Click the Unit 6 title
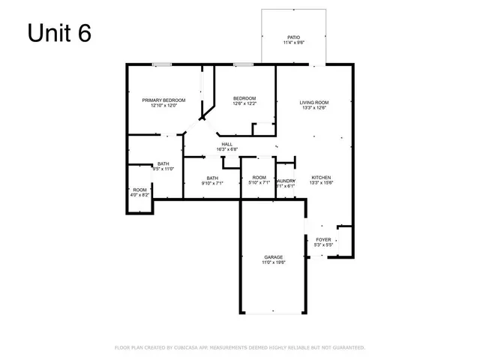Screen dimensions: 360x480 59,34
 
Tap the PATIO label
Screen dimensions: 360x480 294,37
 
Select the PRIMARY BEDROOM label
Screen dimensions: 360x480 163,100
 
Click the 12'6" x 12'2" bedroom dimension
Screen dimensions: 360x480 244,104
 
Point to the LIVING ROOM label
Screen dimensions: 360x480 314,102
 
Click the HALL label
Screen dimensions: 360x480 226,143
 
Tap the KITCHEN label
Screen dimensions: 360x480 321,177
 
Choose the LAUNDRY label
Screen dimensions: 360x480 286,181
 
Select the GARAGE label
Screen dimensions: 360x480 273,257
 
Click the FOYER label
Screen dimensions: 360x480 322,240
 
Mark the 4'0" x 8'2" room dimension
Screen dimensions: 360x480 140,195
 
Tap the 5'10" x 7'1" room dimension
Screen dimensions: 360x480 259,183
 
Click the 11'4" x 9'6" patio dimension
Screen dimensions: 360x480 294,43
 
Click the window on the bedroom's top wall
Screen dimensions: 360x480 241,64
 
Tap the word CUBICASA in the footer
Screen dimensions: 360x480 193,348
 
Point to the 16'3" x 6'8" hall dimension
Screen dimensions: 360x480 226,149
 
